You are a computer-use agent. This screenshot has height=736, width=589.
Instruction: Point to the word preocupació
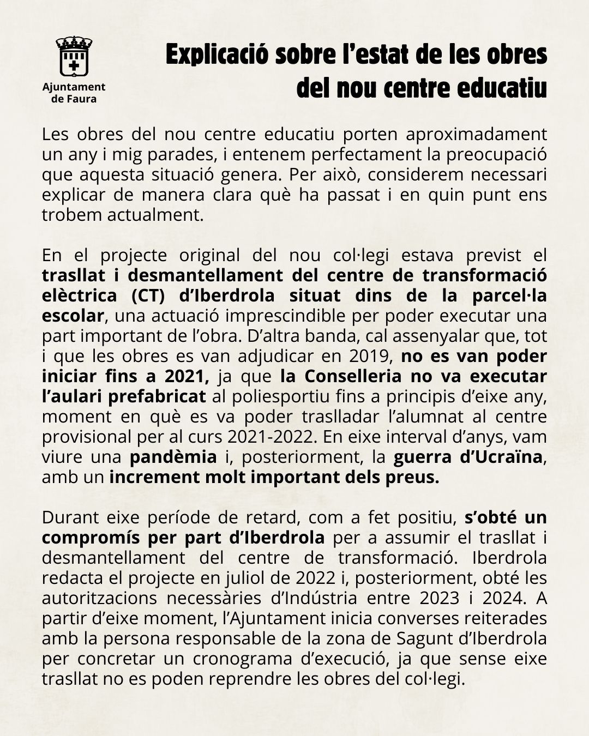[x=496, y=154]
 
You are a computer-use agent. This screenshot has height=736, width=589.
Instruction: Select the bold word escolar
[x=73, y=316]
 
